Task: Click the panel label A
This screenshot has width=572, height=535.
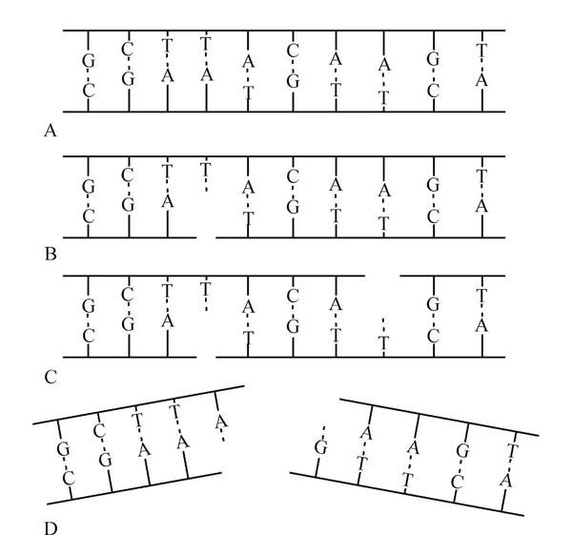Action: point(51,131)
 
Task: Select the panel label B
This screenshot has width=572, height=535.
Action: point(51,254)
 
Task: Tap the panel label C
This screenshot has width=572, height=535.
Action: point(51,377)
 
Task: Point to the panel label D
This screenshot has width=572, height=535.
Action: point(51,528)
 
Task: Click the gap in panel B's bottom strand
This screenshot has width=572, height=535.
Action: point(206,237)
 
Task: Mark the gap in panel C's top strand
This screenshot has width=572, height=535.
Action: point(382,276)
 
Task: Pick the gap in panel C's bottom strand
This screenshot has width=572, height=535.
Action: point(206,357)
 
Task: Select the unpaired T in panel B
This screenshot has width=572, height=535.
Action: point(206,170)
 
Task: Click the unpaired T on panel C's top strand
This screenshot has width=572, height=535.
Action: point(206,289)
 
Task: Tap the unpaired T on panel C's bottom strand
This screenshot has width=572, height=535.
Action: point(383,343)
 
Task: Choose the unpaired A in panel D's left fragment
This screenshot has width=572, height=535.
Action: point(221,422)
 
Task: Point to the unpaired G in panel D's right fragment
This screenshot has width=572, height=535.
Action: point(320,447)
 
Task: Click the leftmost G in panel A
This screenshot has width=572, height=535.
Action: point(89,61)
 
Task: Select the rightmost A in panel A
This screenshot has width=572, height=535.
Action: point(481,80)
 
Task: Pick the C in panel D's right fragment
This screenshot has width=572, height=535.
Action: point(457,483)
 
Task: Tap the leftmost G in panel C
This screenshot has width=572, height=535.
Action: point(89,306)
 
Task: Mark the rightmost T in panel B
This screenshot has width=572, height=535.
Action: point(481,175)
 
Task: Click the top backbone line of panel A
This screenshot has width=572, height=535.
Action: point(284,31)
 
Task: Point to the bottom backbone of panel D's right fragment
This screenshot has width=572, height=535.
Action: point(407,494)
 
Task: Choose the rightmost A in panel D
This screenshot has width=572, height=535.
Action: point(505,481)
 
